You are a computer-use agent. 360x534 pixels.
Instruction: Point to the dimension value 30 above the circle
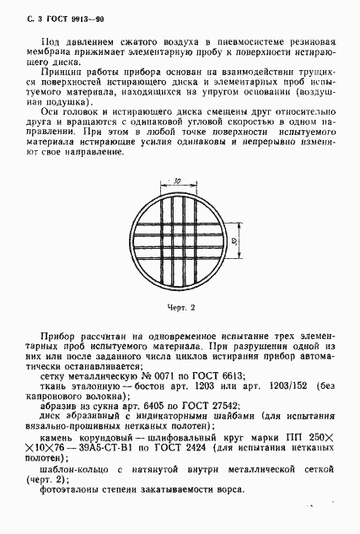click(x=179, y=181)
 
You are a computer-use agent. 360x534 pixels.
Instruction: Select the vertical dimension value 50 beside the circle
click(x=233, y=241)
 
